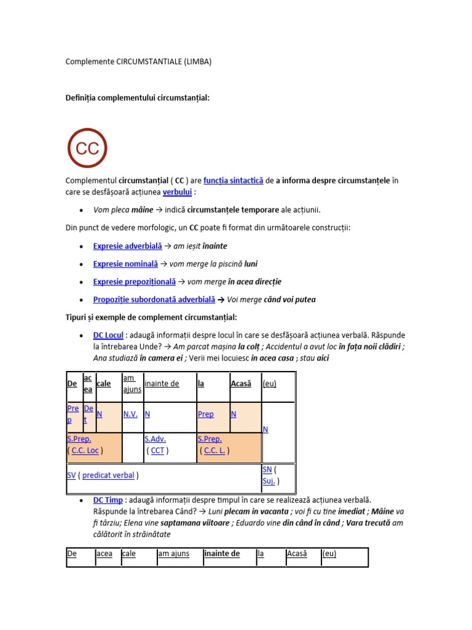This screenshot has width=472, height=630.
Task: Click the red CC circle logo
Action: tap(87, 148)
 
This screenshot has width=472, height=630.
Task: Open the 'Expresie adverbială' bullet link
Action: tap(127, 246)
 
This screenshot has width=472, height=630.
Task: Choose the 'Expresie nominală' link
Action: tap(125, 264)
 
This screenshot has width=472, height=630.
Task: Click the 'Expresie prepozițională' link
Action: tap(134, 282)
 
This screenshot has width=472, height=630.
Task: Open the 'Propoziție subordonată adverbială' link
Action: tap(154, 300)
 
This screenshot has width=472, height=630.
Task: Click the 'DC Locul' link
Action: tap(108, 335)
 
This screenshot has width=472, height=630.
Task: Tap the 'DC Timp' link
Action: tap(108, 500)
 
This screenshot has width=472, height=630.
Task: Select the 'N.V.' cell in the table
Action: tap(130, 415)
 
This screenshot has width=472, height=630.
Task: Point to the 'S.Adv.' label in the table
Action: tap(155, 439)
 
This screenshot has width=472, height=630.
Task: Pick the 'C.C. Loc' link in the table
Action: tap(85, 450)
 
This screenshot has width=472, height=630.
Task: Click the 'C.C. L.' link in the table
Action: tap(214, 450)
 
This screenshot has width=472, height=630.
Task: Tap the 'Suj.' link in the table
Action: tap(269, 481)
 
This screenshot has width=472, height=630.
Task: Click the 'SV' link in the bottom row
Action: tap(71, 475)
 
